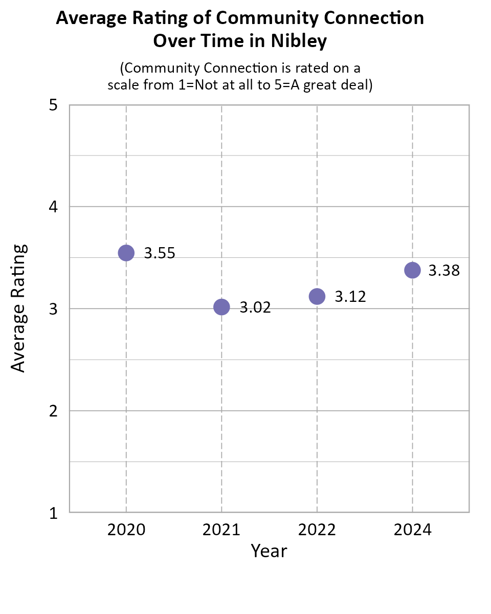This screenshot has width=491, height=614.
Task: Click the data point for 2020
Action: pos(126,252)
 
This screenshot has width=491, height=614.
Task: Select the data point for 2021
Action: pos(221,307)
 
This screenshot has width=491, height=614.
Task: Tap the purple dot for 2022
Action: pos(317,296)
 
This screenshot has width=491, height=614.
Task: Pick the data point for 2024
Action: pos(412,270)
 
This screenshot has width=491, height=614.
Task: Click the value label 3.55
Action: pos(160,253)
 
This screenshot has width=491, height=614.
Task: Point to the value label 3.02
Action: pos(255,308)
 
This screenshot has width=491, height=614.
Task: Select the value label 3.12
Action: pos(350,297)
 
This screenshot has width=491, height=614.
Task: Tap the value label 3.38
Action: pos(444,271)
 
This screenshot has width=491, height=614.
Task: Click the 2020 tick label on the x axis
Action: pos(126,530)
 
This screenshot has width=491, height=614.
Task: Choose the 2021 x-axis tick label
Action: pos(221,530)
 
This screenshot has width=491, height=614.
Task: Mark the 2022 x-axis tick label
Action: pos(317,530)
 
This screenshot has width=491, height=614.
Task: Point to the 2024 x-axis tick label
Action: pos(412,530)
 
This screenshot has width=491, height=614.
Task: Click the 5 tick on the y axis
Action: pos(53,105)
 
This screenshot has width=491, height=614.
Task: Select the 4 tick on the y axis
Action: pos(53,207)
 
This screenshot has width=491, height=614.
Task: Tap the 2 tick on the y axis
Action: pos(53,411)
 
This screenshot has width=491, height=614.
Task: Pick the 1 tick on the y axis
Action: pos(53,513)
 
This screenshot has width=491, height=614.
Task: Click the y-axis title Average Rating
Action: pos(18,309)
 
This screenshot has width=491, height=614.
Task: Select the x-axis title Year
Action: pos(269,552)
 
